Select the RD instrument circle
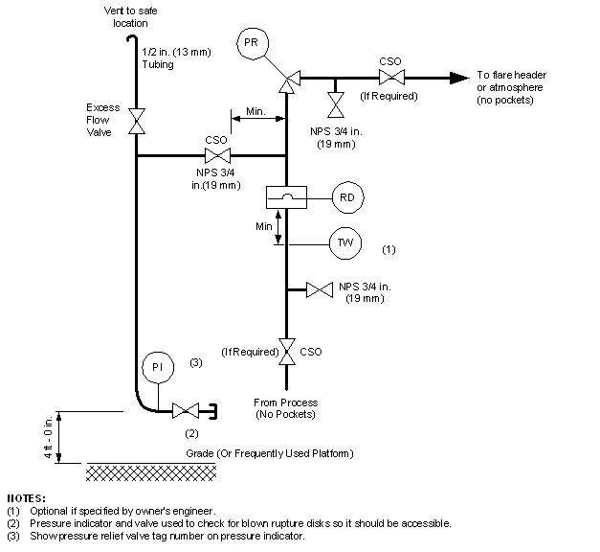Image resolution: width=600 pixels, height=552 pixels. click(x=345, y=197)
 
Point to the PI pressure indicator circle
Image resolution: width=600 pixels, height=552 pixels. click(x=155, y=367)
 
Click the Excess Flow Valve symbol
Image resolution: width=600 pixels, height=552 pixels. click(x=137, y=121)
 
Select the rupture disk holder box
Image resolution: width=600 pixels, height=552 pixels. click(x=284, y=196)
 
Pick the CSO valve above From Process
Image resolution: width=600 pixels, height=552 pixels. click(x=285, y=352)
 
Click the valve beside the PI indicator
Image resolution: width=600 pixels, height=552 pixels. click(x=184, y=411)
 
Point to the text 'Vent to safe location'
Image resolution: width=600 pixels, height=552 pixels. click(x=130, y=15)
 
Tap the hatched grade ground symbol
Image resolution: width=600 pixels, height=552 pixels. click(x=151, y=471)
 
